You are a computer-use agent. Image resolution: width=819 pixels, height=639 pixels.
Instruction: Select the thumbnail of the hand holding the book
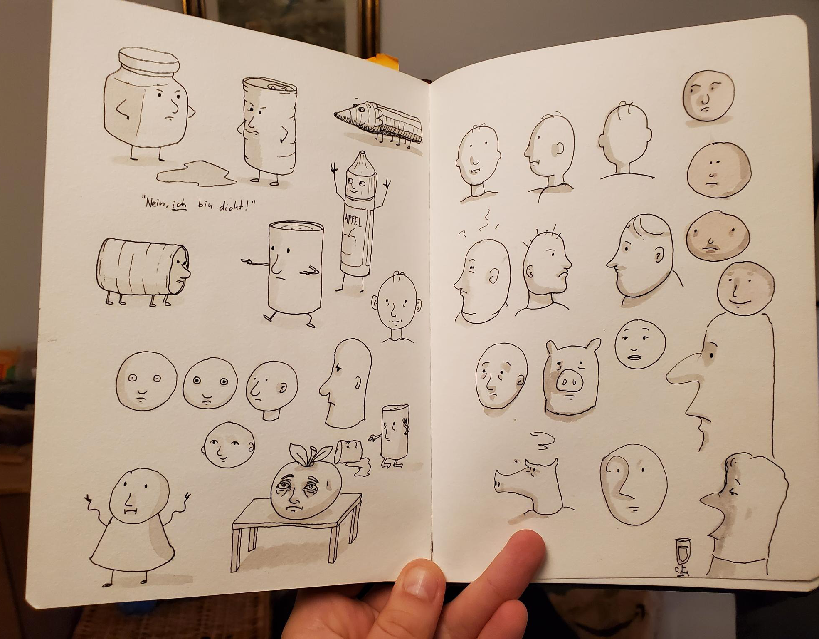click(417, 580)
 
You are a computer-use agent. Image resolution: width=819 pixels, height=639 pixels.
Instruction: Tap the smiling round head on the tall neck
click(745, 287)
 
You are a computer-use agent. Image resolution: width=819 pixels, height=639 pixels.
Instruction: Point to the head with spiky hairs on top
click(546, 268)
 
